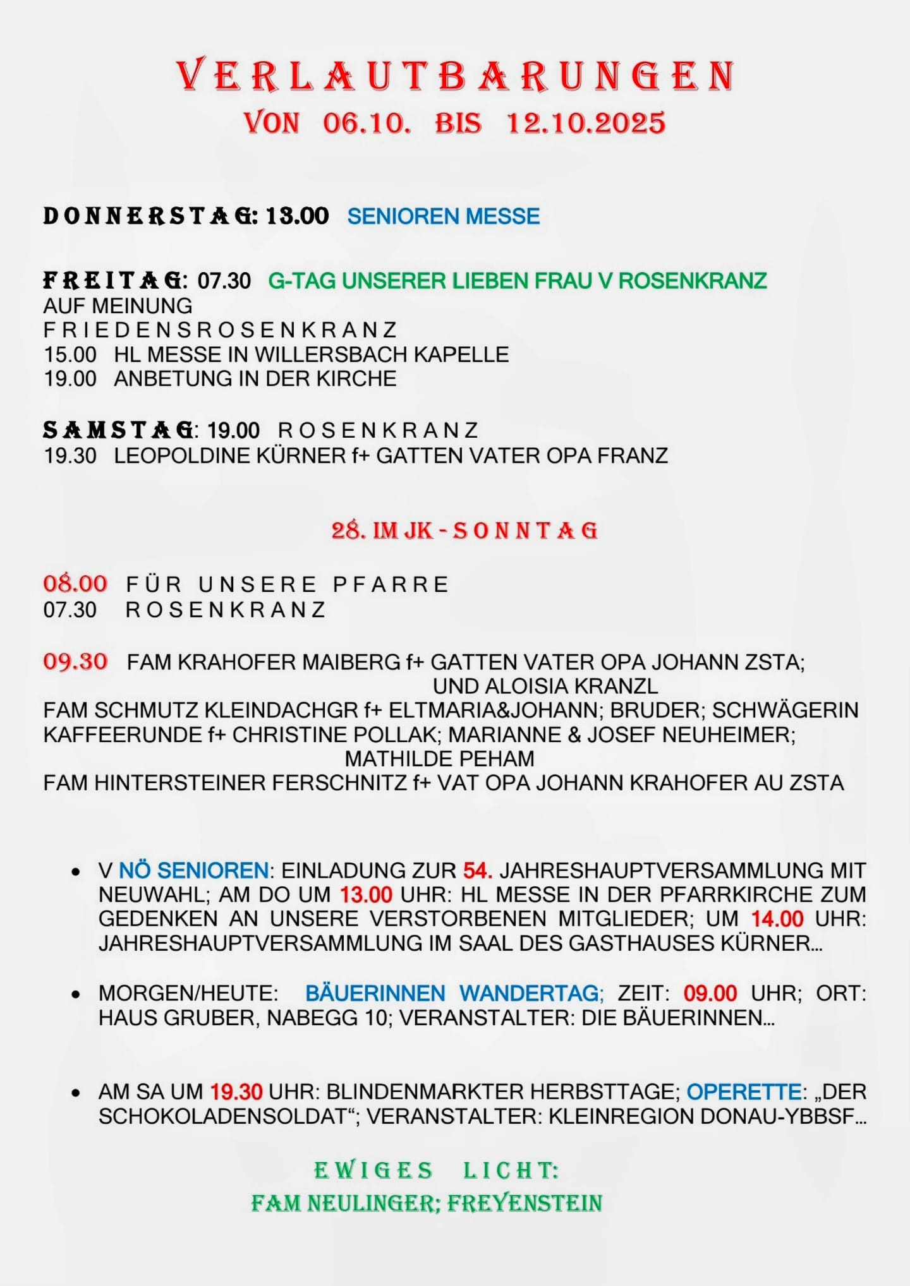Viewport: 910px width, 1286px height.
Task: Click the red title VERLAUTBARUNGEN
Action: click(455, 76)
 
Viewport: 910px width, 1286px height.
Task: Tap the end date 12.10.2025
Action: click(586, 123)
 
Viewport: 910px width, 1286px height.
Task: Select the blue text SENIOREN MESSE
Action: click(444, 217)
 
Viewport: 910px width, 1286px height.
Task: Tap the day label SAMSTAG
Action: click(118, 430)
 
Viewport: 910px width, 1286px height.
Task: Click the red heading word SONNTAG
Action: click(525, 531)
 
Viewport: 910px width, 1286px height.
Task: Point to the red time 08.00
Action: click(75, 584)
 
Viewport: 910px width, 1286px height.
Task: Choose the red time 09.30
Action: click(75, 662)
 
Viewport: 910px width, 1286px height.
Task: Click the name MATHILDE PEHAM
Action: click(439, 759)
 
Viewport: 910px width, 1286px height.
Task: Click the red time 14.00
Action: click(777, 919)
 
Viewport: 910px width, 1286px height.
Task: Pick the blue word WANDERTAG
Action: click(531, 994)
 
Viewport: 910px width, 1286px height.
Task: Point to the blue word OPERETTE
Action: click(744, 1092)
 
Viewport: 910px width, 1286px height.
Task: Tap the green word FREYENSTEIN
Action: click(525, 1203)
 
